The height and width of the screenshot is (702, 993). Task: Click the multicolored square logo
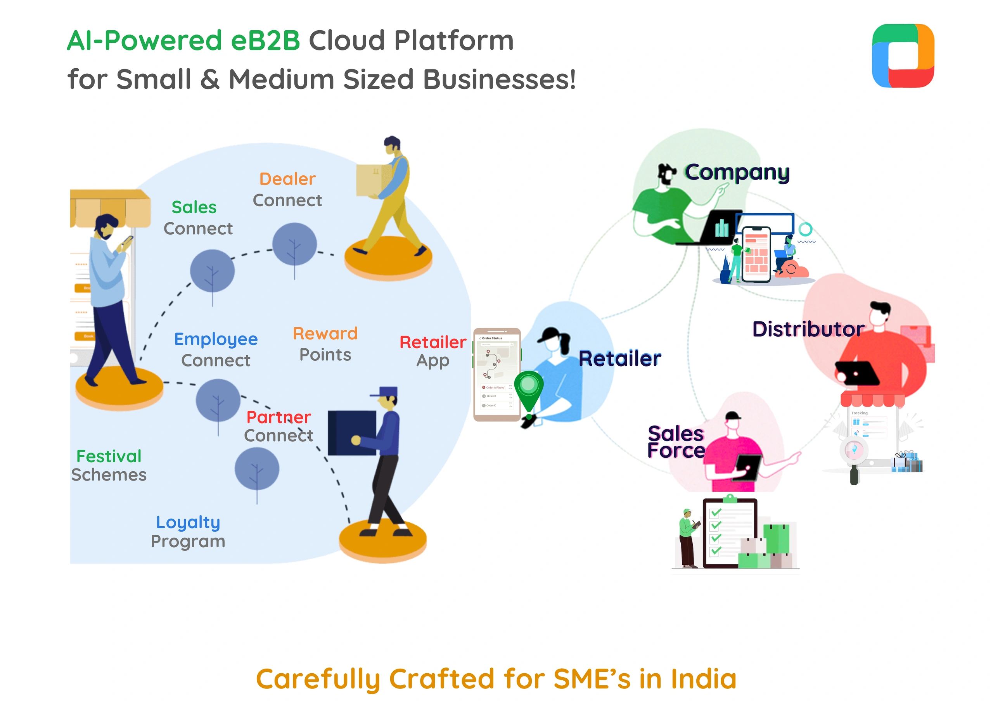[903, 56]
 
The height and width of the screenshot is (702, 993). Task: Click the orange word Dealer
[287, 179]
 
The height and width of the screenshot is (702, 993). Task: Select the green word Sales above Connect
[194, 207]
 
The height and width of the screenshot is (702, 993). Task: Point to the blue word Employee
[215, 339]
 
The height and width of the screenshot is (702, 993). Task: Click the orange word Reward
[325, 334]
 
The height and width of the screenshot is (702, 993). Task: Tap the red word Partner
[279, 417]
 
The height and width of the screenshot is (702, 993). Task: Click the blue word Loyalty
[188, 522]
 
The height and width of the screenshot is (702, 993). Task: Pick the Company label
[737, 172]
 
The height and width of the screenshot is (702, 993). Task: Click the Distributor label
[808, 329]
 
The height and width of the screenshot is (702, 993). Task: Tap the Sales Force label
[676, 442]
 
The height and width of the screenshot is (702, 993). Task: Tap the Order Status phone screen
[496, 374]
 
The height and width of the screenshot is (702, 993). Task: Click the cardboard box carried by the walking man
[373, 180]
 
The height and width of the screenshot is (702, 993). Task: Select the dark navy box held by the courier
[351, 432]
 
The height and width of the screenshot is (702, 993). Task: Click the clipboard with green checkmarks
[729, 533]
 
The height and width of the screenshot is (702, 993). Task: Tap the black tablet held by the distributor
[857, 372]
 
